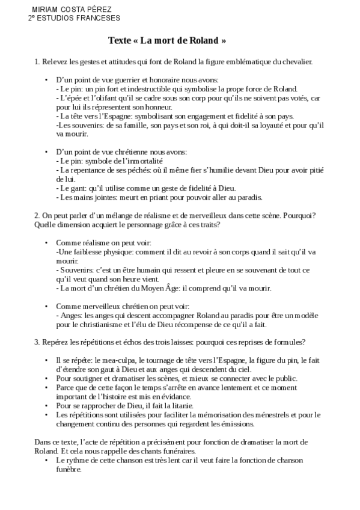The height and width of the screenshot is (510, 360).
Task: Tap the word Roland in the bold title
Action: click(201, 41)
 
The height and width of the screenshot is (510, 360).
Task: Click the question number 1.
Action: click(37, 61)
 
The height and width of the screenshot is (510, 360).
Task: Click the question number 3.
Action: click(37, 342)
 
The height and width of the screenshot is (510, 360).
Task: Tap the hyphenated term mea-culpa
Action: click(110, 360)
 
